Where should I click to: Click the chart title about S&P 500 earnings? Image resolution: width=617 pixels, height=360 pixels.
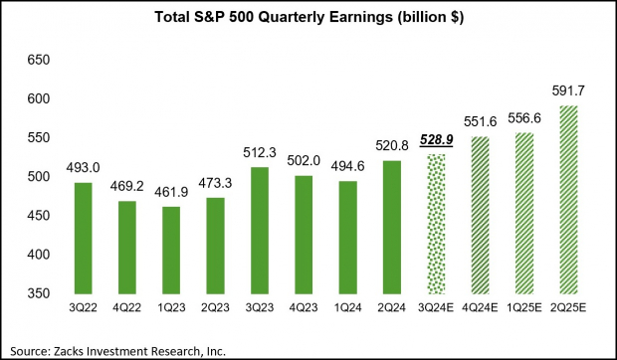308,17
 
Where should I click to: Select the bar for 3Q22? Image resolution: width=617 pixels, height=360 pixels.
83,238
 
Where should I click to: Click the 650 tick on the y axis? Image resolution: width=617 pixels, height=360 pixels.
37,61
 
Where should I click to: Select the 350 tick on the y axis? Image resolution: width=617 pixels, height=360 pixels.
37,293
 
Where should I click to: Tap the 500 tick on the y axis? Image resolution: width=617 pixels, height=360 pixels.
37,177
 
